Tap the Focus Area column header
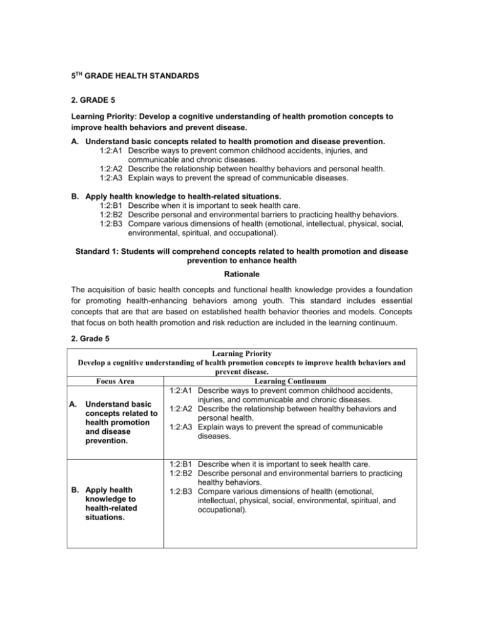click(x=100, y=399)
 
